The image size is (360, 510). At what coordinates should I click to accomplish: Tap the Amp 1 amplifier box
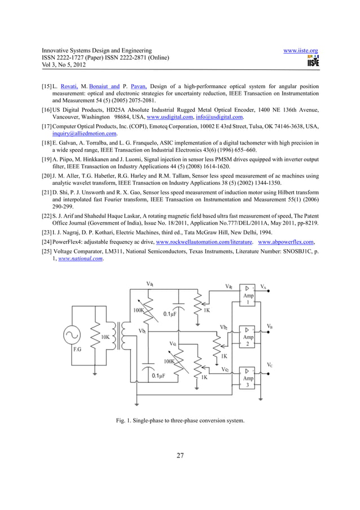[248, 295]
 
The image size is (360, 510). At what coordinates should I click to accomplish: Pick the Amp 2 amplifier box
[248, 337]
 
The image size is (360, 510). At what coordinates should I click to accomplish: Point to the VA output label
[264, 286]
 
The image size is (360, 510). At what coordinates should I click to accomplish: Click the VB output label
[270, 326]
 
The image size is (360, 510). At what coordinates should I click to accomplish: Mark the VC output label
[270, 365]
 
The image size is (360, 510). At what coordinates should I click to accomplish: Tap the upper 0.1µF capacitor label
[172, 314]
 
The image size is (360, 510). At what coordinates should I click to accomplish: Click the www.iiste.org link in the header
[301, 50]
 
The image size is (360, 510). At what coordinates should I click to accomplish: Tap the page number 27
[180, 456]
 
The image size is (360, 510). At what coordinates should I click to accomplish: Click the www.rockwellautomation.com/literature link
[199, 242]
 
